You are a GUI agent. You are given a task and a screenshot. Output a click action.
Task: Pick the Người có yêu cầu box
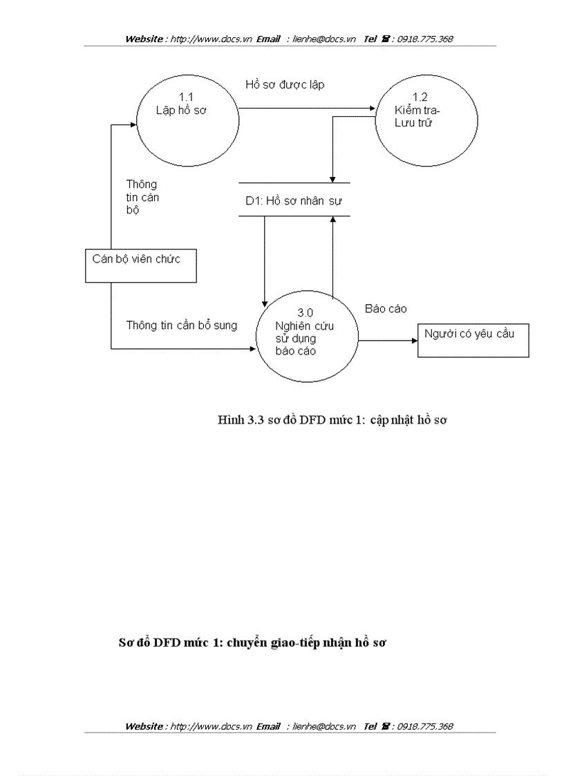coord(473,340)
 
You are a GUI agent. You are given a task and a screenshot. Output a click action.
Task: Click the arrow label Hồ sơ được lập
coord(285,85)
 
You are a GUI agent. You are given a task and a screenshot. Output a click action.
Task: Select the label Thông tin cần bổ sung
coord(181,325)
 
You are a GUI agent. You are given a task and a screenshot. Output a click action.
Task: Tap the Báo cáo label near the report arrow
coord(386,309)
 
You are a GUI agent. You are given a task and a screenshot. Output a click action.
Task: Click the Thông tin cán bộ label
coord(141,197)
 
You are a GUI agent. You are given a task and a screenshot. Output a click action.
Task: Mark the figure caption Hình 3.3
coord(332,419)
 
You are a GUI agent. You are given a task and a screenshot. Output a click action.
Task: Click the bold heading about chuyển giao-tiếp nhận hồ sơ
coord(252,643)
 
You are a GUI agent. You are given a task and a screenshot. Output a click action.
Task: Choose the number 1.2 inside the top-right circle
coord(420,97)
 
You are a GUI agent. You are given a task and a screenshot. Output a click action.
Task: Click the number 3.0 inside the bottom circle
coord(306,312)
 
